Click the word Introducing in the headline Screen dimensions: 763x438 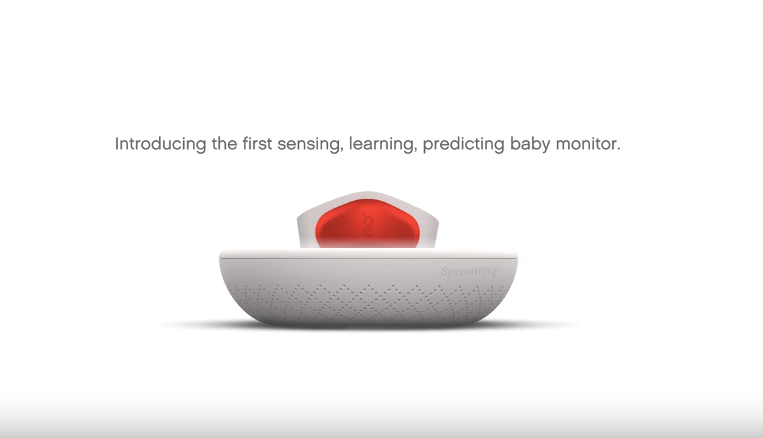pyautogui.click(x=160, y=144)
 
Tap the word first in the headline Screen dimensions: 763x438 pyautogui.click(x=258, y=144)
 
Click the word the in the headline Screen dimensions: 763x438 pyautogui.click(x=224, y=144)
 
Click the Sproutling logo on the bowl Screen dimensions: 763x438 pyautogui.click(x=468, y=272)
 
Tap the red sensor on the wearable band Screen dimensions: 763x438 pyautogui.click(x=368, y=223)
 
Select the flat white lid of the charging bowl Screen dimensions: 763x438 pyautogui.click(x=368, y=253)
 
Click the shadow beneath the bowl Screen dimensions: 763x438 pyautogui.click(x=368, y=325)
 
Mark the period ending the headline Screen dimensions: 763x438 pyautogui.click(x=618, y=149)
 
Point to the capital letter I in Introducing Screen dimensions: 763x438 pyautogui.click(x=117, y=144)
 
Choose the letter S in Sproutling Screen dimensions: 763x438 pyautogui.click(x=444, y=272)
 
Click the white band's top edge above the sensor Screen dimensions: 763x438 pyautogui.click(x=368, y=195)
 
